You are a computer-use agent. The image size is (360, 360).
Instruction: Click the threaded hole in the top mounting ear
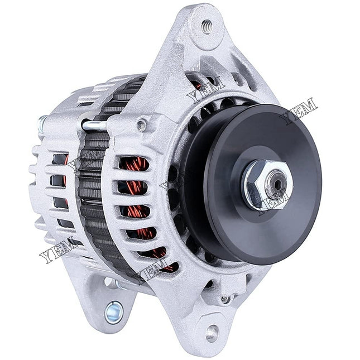coord(206,25)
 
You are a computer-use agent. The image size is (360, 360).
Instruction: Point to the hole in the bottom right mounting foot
coord(212,333)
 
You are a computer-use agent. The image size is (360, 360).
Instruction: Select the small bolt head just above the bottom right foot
coord(225,299)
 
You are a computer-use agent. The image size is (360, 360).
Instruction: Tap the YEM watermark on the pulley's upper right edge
coord(298,111)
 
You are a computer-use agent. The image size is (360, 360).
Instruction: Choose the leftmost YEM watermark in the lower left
coord(59,248)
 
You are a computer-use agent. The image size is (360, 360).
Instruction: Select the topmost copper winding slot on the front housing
coord(134,164)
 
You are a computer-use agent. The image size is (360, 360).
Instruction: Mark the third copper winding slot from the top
coord(136,211)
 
